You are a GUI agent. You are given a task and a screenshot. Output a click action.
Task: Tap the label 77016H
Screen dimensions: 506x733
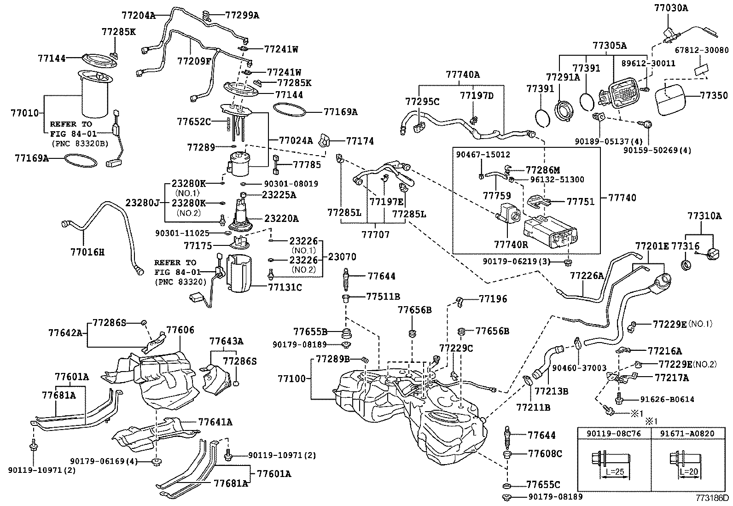(87, 252)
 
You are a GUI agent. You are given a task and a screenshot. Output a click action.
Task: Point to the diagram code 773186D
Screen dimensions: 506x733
(712, 498)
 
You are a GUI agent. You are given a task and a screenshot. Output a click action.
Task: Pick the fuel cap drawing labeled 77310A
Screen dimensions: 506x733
(712, 253)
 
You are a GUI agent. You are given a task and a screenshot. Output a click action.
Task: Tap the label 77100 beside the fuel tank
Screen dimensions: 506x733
(291, 378)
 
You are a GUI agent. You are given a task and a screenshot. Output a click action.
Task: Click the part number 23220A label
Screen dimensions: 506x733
(281, 218)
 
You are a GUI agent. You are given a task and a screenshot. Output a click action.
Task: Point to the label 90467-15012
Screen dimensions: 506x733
(483, 155)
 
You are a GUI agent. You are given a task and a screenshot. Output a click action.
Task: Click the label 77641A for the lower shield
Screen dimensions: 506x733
(215, 422)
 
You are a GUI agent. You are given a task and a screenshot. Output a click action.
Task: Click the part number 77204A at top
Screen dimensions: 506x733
(138, 15)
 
